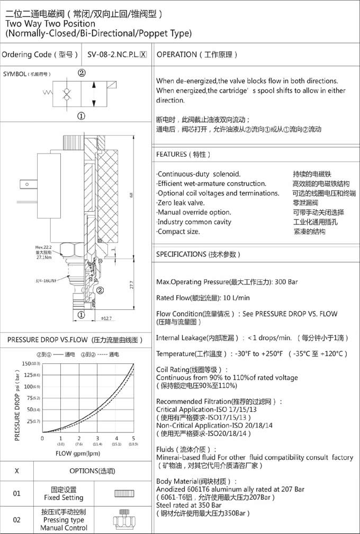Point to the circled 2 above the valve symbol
(x=82, y=73)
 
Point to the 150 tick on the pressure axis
(x=26, y=363)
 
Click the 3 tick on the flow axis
(x=97, y=438)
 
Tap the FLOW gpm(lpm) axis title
(x=78, y=453)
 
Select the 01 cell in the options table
(x=16, y=494)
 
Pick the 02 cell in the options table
(x=16, y=520)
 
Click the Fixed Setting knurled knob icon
(x=125, y=494)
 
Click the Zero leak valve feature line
(x=181, y=202)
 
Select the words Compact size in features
(x=179, y=232)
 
